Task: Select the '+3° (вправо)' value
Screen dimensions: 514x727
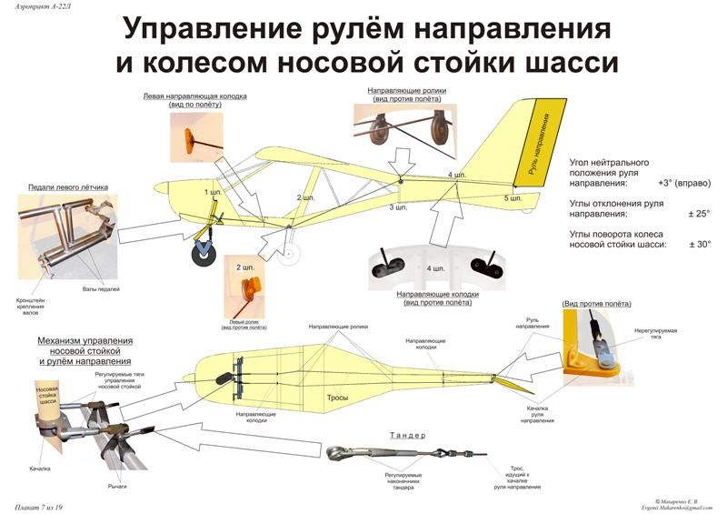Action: point(684,183)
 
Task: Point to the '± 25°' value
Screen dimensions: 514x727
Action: point(697,214)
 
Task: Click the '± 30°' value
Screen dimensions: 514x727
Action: point(697,244)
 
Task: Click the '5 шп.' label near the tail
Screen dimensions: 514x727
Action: point(513,197)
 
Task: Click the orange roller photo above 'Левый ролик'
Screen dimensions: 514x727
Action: point(245,291)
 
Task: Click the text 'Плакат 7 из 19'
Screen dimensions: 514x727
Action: point(44,505)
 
